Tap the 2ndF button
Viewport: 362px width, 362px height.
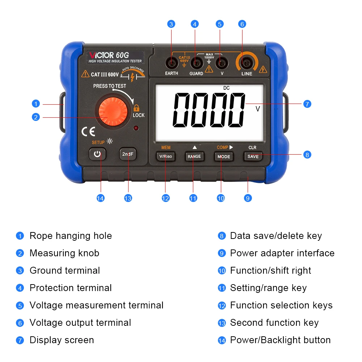(x=128, y=154)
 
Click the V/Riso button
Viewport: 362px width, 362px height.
(x=166, y=156)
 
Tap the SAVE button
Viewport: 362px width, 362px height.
(x=253, y=156)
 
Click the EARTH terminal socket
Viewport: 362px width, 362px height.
(x=171, y=64)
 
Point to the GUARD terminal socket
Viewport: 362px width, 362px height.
(x=196, y=64)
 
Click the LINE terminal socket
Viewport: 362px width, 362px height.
(x=247, y=64)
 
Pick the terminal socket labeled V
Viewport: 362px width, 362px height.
(x=221, y=64)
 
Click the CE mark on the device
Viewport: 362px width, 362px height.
(x=88, y=131)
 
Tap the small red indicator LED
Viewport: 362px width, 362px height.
(x=136, y=128)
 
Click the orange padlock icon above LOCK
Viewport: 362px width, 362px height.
(x=136, y=108)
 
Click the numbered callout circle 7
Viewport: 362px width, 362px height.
(x=307, y=104)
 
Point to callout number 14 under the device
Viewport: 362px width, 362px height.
(x=100, y=198)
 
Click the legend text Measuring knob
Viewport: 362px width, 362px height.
(x=64, y=253)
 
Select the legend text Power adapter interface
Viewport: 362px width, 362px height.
(x=282, y=253)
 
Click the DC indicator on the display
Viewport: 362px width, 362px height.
(x=226, y=88)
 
